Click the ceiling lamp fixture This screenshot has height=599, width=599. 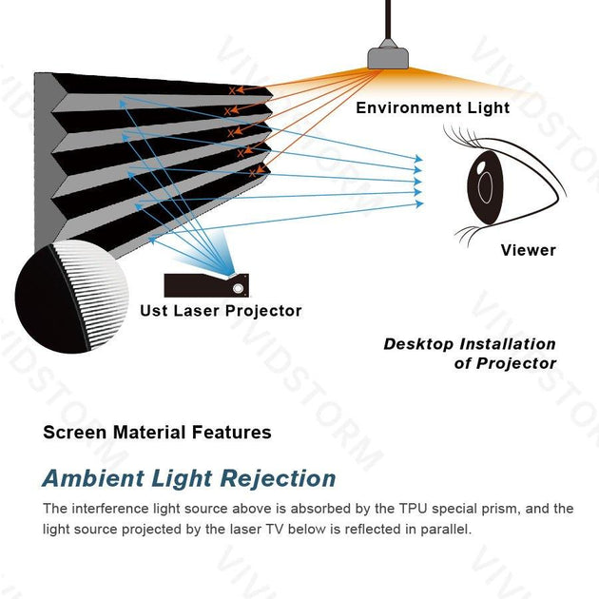coord(389,55)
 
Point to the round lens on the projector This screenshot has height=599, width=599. coord(239,287)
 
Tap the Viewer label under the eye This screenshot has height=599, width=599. coord(528,250)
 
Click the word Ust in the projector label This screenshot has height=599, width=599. coord(154,311)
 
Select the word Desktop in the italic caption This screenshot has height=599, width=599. coord(417,344)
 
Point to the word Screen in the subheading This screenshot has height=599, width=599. coord(74,433)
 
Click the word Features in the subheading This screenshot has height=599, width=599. coord(231,433)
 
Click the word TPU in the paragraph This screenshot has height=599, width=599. coord(377,509)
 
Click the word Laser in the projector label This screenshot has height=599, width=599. coord(198,311)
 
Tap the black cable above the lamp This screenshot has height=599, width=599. coord(389,19)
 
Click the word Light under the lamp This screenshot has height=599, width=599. coord(488,108)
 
